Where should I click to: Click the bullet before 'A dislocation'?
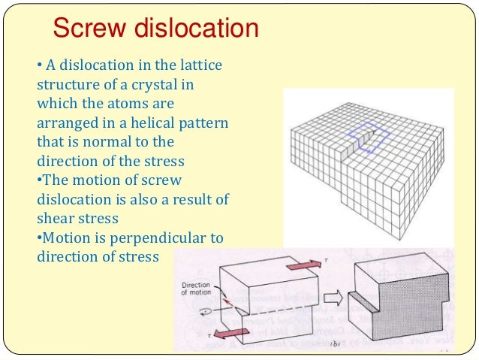tap(39, 65)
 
